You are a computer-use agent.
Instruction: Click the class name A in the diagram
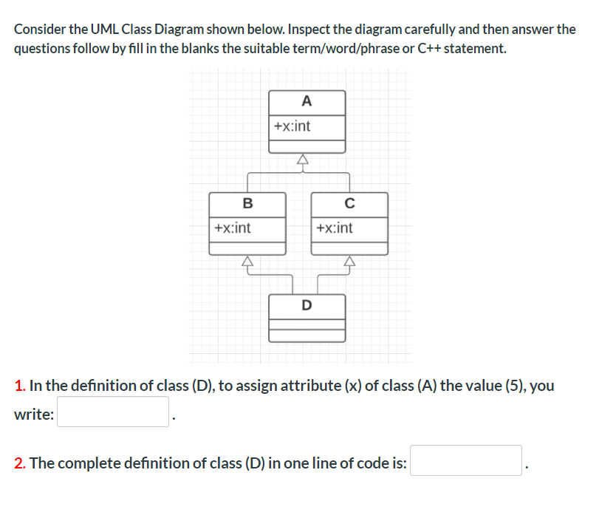click(307, 101)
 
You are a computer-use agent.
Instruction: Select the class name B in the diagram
click(247, 203)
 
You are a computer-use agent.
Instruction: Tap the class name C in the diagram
click(349, 203)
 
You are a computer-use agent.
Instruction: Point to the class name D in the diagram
click(307, 304)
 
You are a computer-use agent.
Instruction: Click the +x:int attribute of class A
click(292, 126)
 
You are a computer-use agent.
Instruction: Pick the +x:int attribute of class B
click(232, 228)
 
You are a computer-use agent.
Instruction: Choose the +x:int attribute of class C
click(334, 228)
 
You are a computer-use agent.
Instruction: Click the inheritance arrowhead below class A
click(301, 159)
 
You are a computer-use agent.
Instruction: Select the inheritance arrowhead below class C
click(349, 260)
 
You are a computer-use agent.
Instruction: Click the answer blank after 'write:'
click(114, 412)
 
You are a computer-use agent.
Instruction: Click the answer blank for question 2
click(466, 460)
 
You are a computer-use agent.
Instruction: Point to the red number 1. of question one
click(20, 386)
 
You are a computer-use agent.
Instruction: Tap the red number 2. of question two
click(21, 463)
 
